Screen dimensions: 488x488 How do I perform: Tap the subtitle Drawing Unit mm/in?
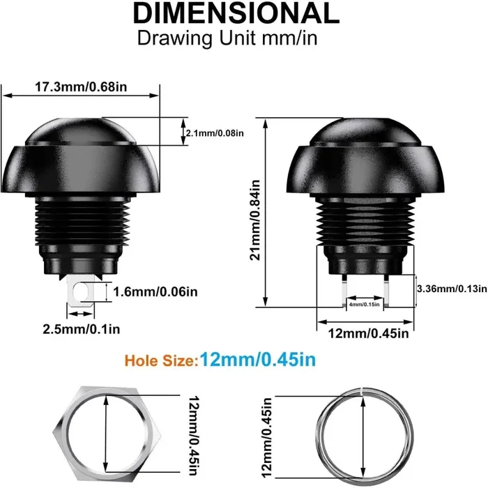coord(227,38)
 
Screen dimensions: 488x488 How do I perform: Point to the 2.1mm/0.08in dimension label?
coord(215,132)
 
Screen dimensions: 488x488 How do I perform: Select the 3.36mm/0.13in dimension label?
coord(450,289)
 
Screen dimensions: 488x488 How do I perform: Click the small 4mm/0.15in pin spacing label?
coord(364,305)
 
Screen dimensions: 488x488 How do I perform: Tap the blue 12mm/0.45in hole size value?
coord(258,360)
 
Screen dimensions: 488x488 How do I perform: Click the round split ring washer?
coord(360,433)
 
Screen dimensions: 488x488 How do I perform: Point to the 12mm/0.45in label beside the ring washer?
coord(266,433)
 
